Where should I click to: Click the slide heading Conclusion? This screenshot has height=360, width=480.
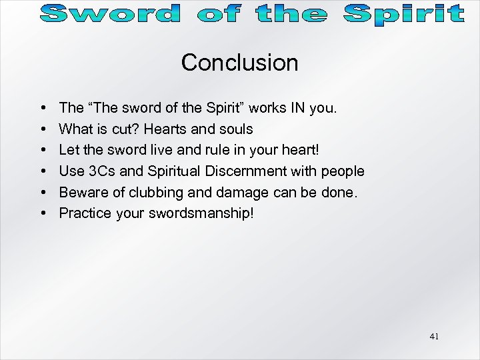[x=239, y=63]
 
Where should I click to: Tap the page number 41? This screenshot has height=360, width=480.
[x=434, y=337]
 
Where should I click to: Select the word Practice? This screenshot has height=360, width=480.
[x=83, y=214]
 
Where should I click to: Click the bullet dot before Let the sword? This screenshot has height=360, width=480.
[x=43, y=150]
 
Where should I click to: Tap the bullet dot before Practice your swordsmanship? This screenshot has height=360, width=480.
[x=43, y=214]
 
